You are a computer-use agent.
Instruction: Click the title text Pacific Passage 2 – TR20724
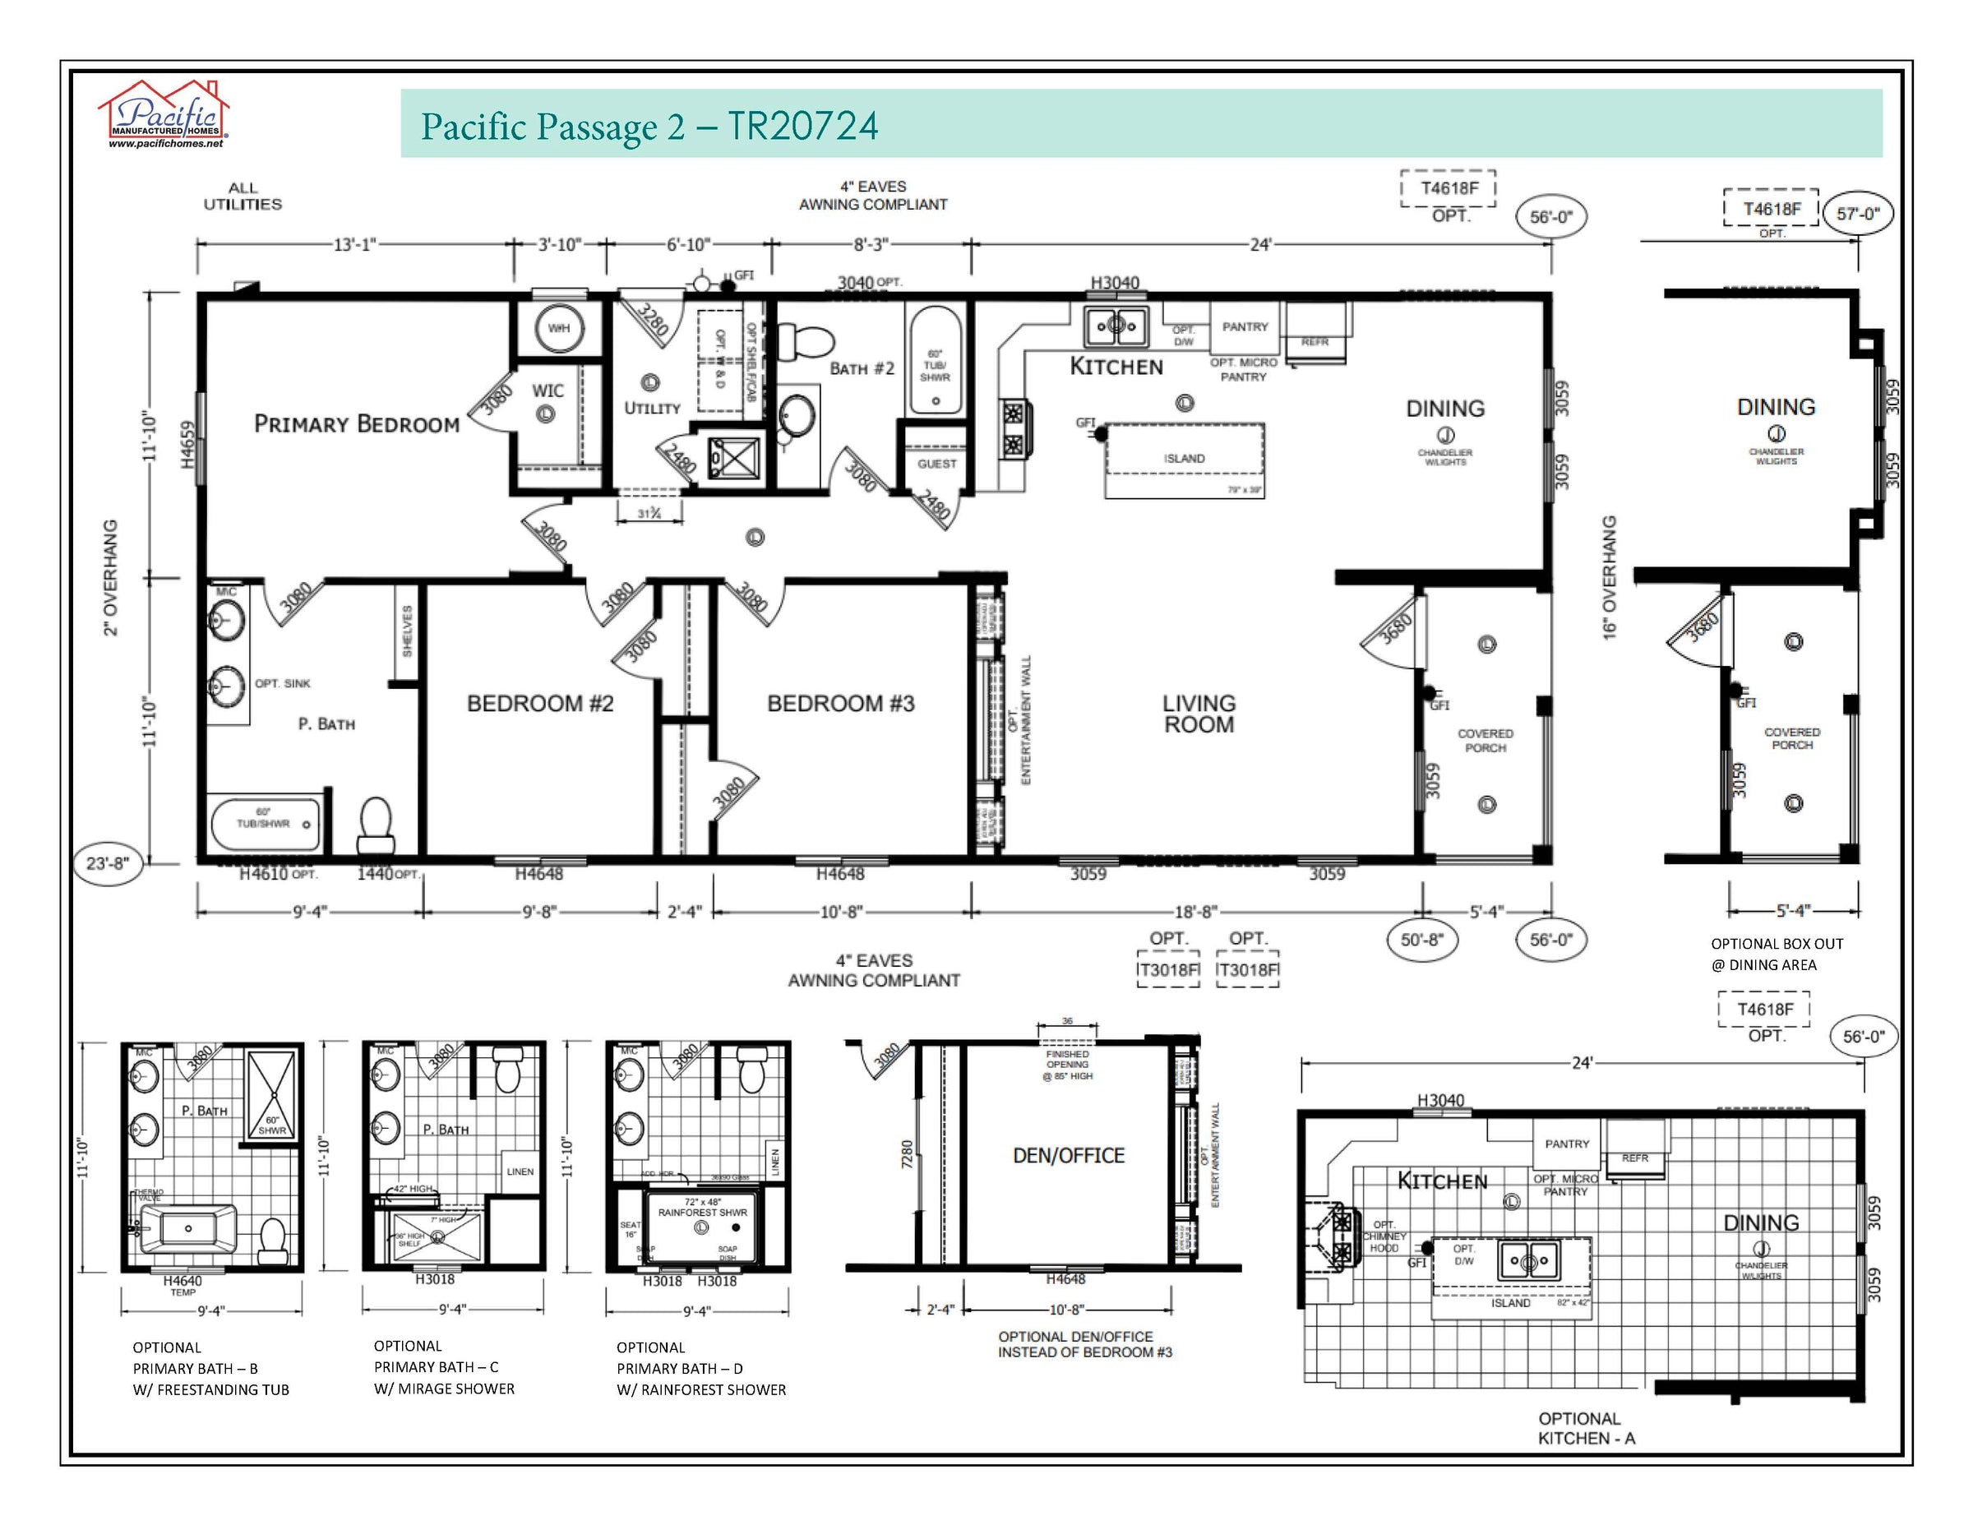point(649,127)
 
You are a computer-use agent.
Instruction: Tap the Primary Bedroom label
point(356,423)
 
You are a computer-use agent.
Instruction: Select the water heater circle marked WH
point(558,328)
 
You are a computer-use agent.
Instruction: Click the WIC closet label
point(548,390)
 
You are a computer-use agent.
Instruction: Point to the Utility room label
point(651,409)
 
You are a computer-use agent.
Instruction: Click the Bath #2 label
point(861,368)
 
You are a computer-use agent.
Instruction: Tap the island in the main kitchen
point(1185,459)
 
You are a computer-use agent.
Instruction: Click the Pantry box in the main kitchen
point(1245,327)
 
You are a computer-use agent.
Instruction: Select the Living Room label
point(1199,714)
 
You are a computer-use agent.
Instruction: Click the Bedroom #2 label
point(540,704)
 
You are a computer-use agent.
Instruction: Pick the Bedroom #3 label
point(840,704)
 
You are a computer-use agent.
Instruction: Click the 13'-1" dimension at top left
point(354,244)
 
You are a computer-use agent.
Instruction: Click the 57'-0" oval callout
point(1857,214)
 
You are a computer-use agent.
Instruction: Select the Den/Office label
point(1069,1156)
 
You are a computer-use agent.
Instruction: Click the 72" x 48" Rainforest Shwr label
point(702,1208)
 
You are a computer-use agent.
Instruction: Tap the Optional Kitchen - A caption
point(1586,1428)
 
